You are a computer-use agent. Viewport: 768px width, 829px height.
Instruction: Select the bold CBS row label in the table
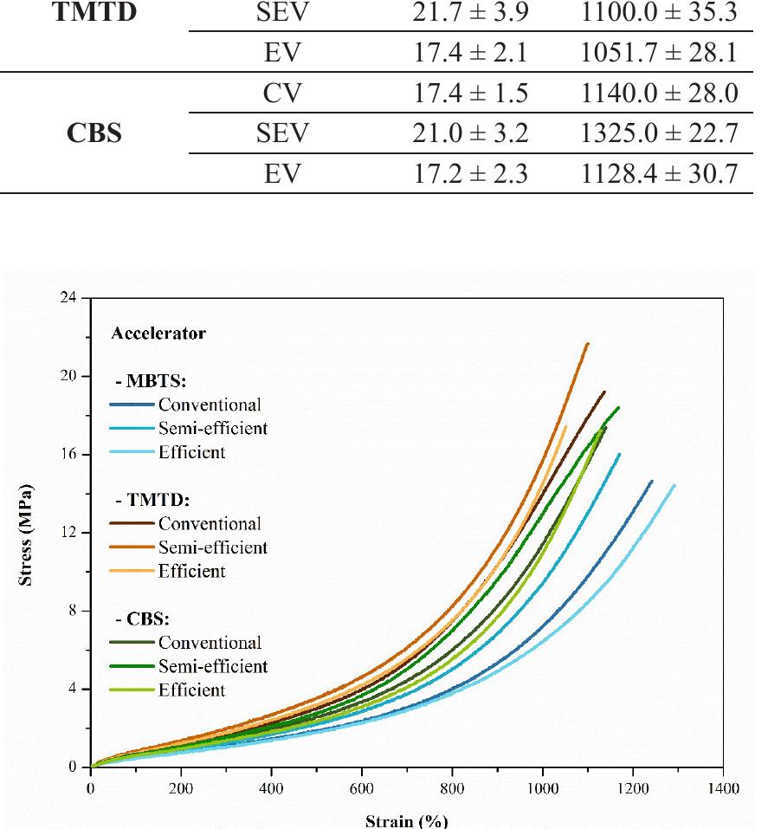[x=96, y=135]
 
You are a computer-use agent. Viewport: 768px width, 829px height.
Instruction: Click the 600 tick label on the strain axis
[x=361, y=788]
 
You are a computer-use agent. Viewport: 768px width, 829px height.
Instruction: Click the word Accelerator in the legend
[x=158, y=333]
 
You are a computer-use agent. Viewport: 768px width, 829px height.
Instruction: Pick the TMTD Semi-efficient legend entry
[x=212, y=547]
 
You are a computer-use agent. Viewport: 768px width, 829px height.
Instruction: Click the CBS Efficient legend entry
[x=191, y=690]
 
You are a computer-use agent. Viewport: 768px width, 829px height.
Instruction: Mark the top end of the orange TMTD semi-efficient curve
[x=588, y=344]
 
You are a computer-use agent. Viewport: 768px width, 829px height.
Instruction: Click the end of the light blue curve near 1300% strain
[x=674, y=486]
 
